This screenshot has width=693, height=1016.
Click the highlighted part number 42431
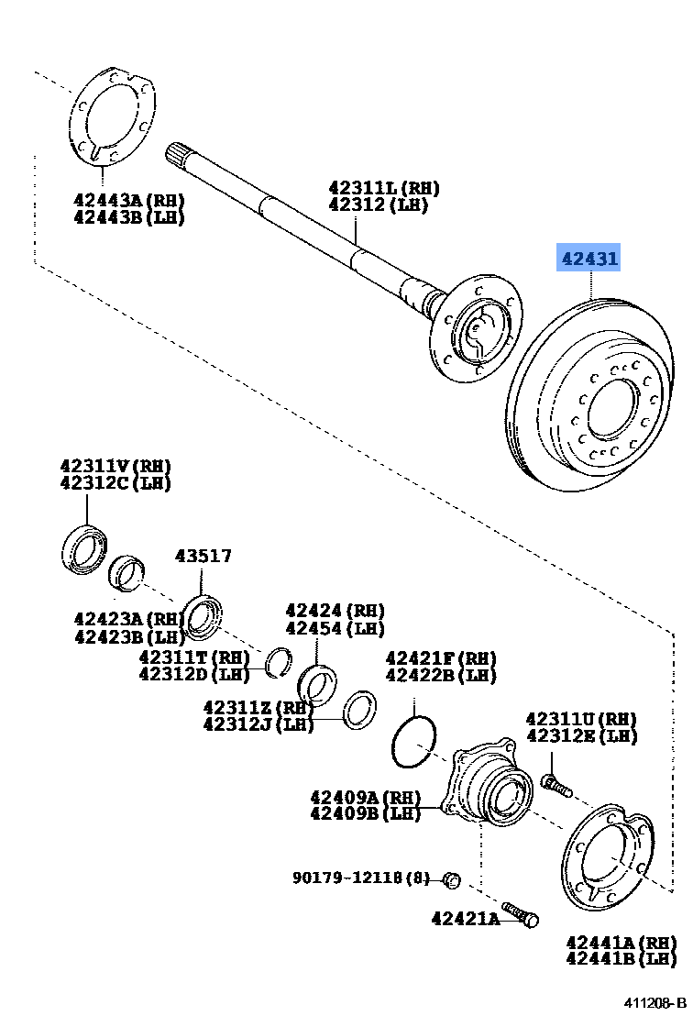pyautogui.click(x=589, y=260)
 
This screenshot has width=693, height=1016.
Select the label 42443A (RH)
pyautogui.click(x=129, y=200)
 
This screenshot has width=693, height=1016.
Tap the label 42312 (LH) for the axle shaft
pyautogui.click(x=379, y=205)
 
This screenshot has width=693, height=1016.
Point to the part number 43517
pyautogui.click(x=203, y=556)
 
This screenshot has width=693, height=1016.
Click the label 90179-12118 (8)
pyautogui.click(x=361, y=878)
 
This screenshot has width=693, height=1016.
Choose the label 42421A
pyautogui.click(x=466, y=917)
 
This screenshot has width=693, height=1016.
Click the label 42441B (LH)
pyautogui.click(x=621, y=959)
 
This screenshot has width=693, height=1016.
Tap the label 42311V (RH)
pyautogui.click(x=115, y=466)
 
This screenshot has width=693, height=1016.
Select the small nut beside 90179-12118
pyautogui.click(x=450, y=880)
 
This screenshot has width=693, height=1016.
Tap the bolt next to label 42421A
pyautogui.click(x=520, y=914)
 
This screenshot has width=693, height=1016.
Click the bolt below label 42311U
pyautogui.click(x=555, y=785)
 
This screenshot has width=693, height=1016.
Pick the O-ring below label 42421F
pyautogui.click(x=412, y=741)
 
